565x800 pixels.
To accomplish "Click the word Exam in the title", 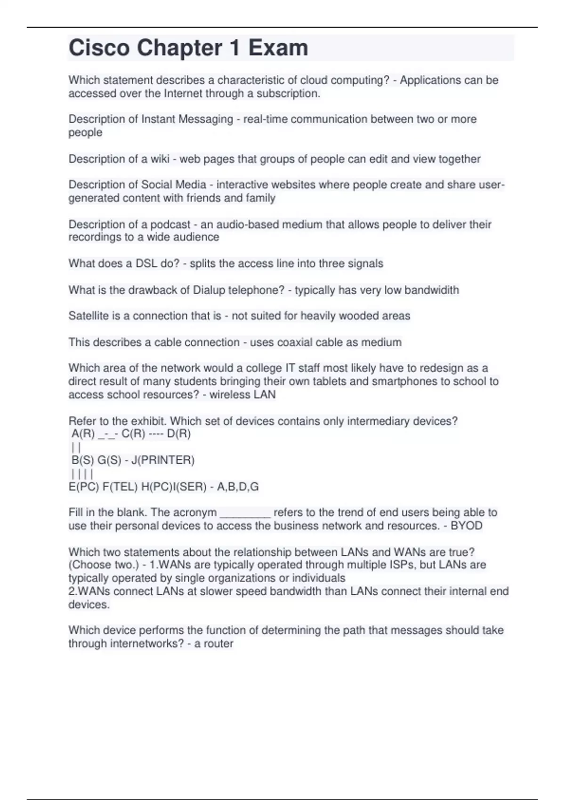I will (278, 48).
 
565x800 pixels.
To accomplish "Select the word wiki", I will (160, 159).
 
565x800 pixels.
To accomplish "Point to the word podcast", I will (170, 224).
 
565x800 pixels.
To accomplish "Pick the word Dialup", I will (209, 290).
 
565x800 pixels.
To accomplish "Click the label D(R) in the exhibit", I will (179, 434).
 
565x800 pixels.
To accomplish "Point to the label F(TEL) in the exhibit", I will (120, 487).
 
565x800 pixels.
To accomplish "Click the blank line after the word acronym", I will (245, 513).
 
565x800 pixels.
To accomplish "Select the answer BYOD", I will (467, 526).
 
